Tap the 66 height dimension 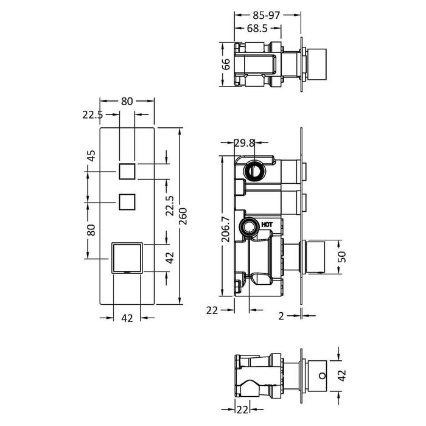tap(226, 65)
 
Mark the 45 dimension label tap(92, 156)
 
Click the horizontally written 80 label tap(127, 102)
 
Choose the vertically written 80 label tap(92, 230)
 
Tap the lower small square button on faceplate tap(127, 201)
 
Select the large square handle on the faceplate tap(127, 258)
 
